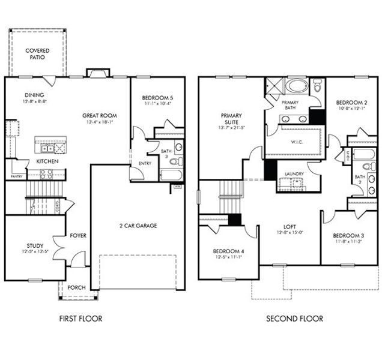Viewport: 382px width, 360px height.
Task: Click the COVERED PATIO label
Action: (37, 55)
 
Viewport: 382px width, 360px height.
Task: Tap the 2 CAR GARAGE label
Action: (137, 226)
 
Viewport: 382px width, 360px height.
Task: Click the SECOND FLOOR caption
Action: (294, 319)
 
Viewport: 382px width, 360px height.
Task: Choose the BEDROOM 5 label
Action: (157, 98)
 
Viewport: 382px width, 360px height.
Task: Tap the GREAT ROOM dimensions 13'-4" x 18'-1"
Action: (100, 122)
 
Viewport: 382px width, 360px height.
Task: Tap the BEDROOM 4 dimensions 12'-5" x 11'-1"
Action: (228, 257)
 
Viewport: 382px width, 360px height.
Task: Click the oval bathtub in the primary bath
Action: (296, 85)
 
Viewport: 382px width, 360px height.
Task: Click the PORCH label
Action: (76, 287)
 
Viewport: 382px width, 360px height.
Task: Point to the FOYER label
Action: (79, 235)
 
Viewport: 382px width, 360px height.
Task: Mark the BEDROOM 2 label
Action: (350, 102)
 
